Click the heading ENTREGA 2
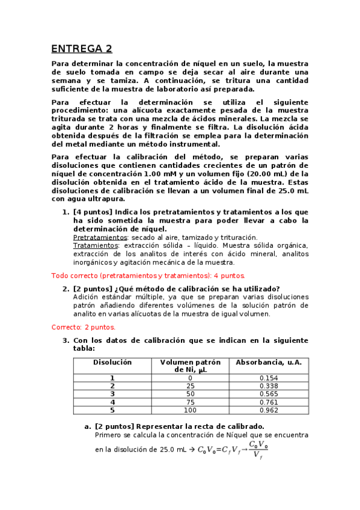[x=81, y=49]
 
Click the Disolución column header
[x=112, y=363]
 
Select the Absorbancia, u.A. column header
[x=269, y=363]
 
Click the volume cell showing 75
[x=190, y=402]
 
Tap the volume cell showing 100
[x=190, y=410]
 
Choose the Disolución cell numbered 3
[x=112, y=394]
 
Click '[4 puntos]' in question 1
[x=92, y=212]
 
